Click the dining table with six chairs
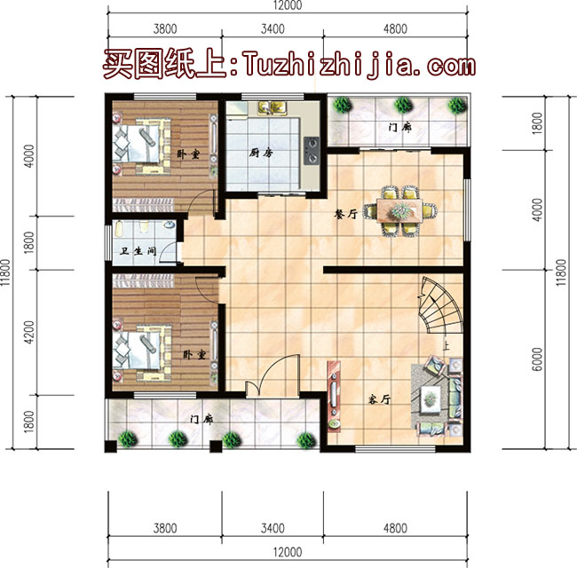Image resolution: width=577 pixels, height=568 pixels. [404, 209]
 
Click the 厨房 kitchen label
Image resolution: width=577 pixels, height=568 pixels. [260, 152]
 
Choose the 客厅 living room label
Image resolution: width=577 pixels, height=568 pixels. [379, 400]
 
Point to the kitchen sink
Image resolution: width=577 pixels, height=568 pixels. [268, 109]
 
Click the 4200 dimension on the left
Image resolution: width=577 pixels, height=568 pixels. [28, 331]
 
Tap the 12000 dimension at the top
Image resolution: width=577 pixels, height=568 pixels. [287, 5]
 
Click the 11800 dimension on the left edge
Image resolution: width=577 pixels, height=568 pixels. [7, 272]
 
